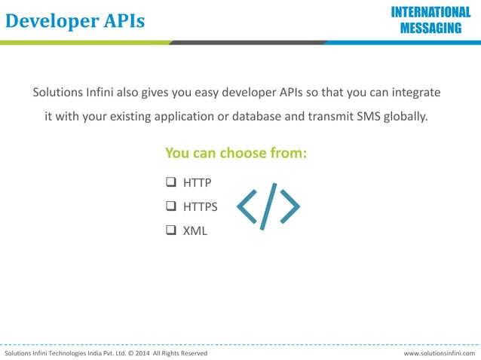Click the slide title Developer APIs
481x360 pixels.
point(75,21)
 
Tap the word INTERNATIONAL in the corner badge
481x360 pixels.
point(430,12)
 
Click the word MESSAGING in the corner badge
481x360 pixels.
point(430,29)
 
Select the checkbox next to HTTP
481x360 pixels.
point(170,182)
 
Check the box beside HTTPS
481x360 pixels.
point(170,206)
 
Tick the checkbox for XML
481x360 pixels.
point(170,230)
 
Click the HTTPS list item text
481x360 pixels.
point(201,206)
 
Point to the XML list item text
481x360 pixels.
point(195,230)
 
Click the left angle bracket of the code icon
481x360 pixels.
point(247,206)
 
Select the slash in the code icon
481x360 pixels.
point(268,206)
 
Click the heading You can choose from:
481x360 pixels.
point(236,153)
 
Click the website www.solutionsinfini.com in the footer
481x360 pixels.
point(440,353)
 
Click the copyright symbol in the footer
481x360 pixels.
point(130,353)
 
